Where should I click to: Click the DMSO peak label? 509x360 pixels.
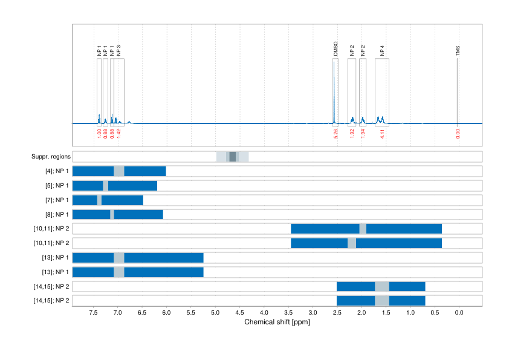(336, 49)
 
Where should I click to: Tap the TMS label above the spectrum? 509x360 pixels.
(458, 50)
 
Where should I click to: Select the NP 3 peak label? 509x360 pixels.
(119, 51)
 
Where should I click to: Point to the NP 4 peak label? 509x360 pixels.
(382, 51)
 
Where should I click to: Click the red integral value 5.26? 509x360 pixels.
(336, 134)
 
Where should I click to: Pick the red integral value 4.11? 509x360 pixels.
(382, 134)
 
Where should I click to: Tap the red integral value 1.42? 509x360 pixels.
(119, 134)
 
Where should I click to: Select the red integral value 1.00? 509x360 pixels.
(99, 134)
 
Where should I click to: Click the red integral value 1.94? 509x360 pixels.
(363, 134)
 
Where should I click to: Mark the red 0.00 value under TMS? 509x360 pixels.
(458, 134)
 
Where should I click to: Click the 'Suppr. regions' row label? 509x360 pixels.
(51, 157)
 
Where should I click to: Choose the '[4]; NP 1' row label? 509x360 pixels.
(54, 171)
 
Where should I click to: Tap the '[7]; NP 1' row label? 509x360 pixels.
(54, 200)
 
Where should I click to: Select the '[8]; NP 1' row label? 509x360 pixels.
(54, 214)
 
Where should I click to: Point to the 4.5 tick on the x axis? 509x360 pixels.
(239, 313)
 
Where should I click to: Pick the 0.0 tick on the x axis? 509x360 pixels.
(458, 313)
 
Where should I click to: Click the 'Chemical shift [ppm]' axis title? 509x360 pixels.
(277, 322)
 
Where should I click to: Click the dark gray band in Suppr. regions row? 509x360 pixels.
(233, 157)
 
